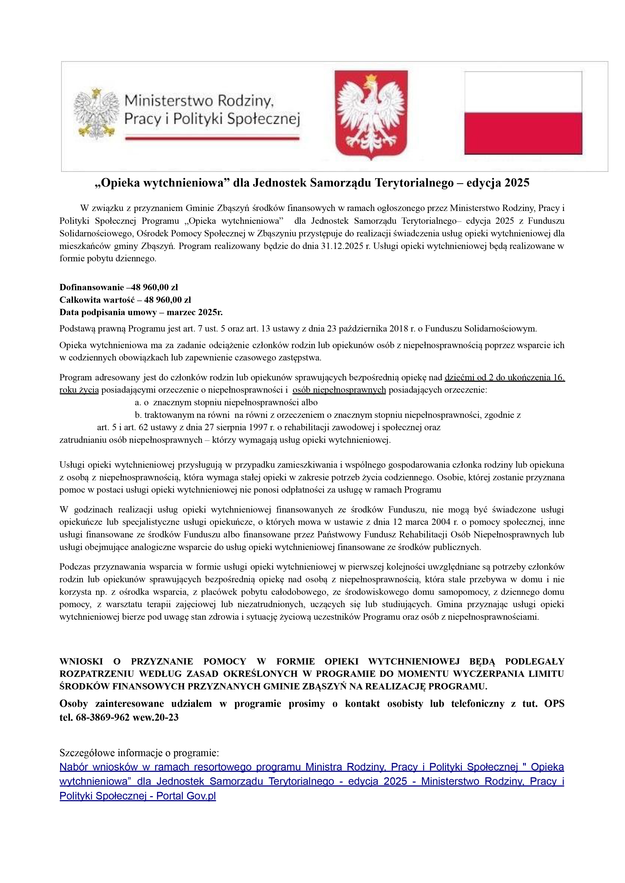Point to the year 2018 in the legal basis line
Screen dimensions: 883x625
(x=399, y=329)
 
